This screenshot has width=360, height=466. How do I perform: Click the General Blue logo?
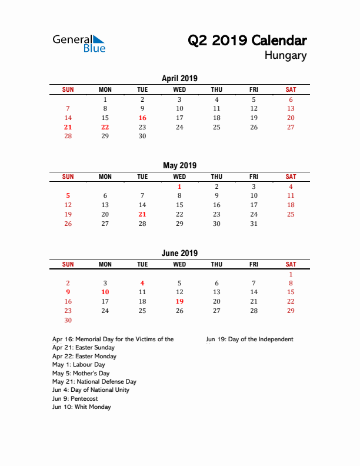(x=79, y=43)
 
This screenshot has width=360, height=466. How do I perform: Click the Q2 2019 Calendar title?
(x=247, y=41)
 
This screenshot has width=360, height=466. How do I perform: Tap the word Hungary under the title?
(x=285, y=56)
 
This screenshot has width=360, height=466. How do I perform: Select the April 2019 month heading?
(x=179, y=78)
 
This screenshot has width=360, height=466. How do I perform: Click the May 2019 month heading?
(x=179, y=166)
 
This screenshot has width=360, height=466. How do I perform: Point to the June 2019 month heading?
(x=179, y=253)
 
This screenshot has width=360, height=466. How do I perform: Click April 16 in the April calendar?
(x=142, y=118)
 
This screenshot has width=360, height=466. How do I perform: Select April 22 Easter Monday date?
(x=105, y=127)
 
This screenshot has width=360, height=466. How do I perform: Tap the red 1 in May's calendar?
(x=179, y=187)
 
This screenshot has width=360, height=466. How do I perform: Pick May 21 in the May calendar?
(x=142, y=214)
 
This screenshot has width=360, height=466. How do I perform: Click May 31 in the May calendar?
(x=254, y=224)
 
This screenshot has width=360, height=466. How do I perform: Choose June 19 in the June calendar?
(x=179, y=301)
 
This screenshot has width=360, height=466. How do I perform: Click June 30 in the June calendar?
(x=68, y=320)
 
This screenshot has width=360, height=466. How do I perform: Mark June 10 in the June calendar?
(x=105, y=292)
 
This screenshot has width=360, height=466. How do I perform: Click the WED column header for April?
(x=179, y=89)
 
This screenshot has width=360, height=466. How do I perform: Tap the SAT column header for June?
(x=291, y=264)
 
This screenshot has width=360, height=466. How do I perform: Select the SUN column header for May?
(x=68, y=177)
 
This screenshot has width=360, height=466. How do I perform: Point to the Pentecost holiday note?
(x=75, y=398)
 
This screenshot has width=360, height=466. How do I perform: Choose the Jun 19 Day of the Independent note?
(x=249, y=339)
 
